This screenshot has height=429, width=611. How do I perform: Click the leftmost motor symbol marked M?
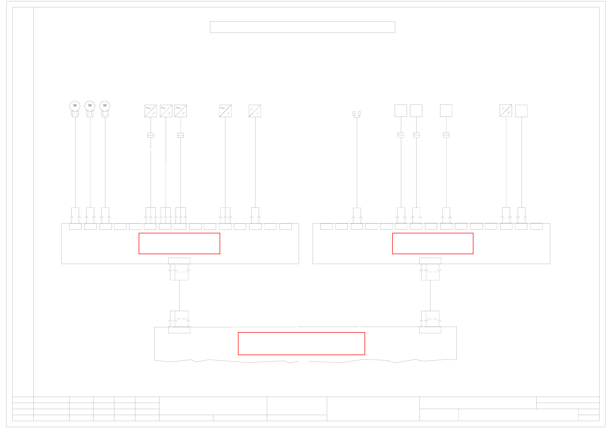point(75,106)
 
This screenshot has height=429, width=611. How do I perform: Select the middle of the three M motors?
point(90,106)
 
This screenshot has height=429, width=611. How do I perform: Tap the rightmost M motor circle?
point(105,106)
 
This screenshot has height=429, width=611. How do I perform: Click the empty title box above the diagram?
point(302,27)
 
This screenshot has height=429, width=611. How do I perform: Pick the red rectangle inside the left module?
point(179,244)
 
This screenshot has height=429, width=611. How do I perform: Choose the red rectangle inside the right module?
point(433,244)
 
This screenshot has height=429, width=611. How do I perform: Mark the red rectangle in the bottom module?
point(301,344)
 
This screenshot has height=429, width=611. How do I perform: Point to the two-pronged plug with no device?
point(357,114)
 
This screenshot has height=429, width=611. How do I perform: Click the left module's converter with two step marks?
point(255,111)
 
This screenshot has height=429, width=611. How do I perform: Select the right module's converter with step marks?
point(506,111)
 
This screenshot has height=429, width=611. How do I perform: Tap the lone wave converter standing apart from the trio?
point(225,111)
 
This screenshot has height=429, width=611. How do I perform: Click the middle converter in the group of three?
point(166,111)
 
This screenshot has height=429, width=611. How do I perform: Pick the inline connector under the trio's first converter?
point(151,135)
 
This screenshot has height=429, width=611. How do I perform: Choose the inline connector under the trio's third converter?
point(181,135)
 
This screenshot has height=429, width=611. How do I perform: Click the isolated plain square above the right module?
point(446,111)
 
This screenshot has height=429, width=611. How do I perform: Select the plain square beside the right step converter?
point(521,111)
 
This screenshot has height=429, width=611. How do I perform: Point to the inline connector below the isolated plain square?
point(446,135)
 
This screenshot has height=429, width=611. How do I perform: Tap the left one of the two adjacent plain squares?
point(401,111)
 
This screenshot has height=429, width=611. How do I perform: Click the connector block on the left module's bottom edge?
point(179,261)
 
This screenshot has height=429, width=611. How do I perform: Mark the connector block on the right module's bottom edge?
point(430,261)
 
